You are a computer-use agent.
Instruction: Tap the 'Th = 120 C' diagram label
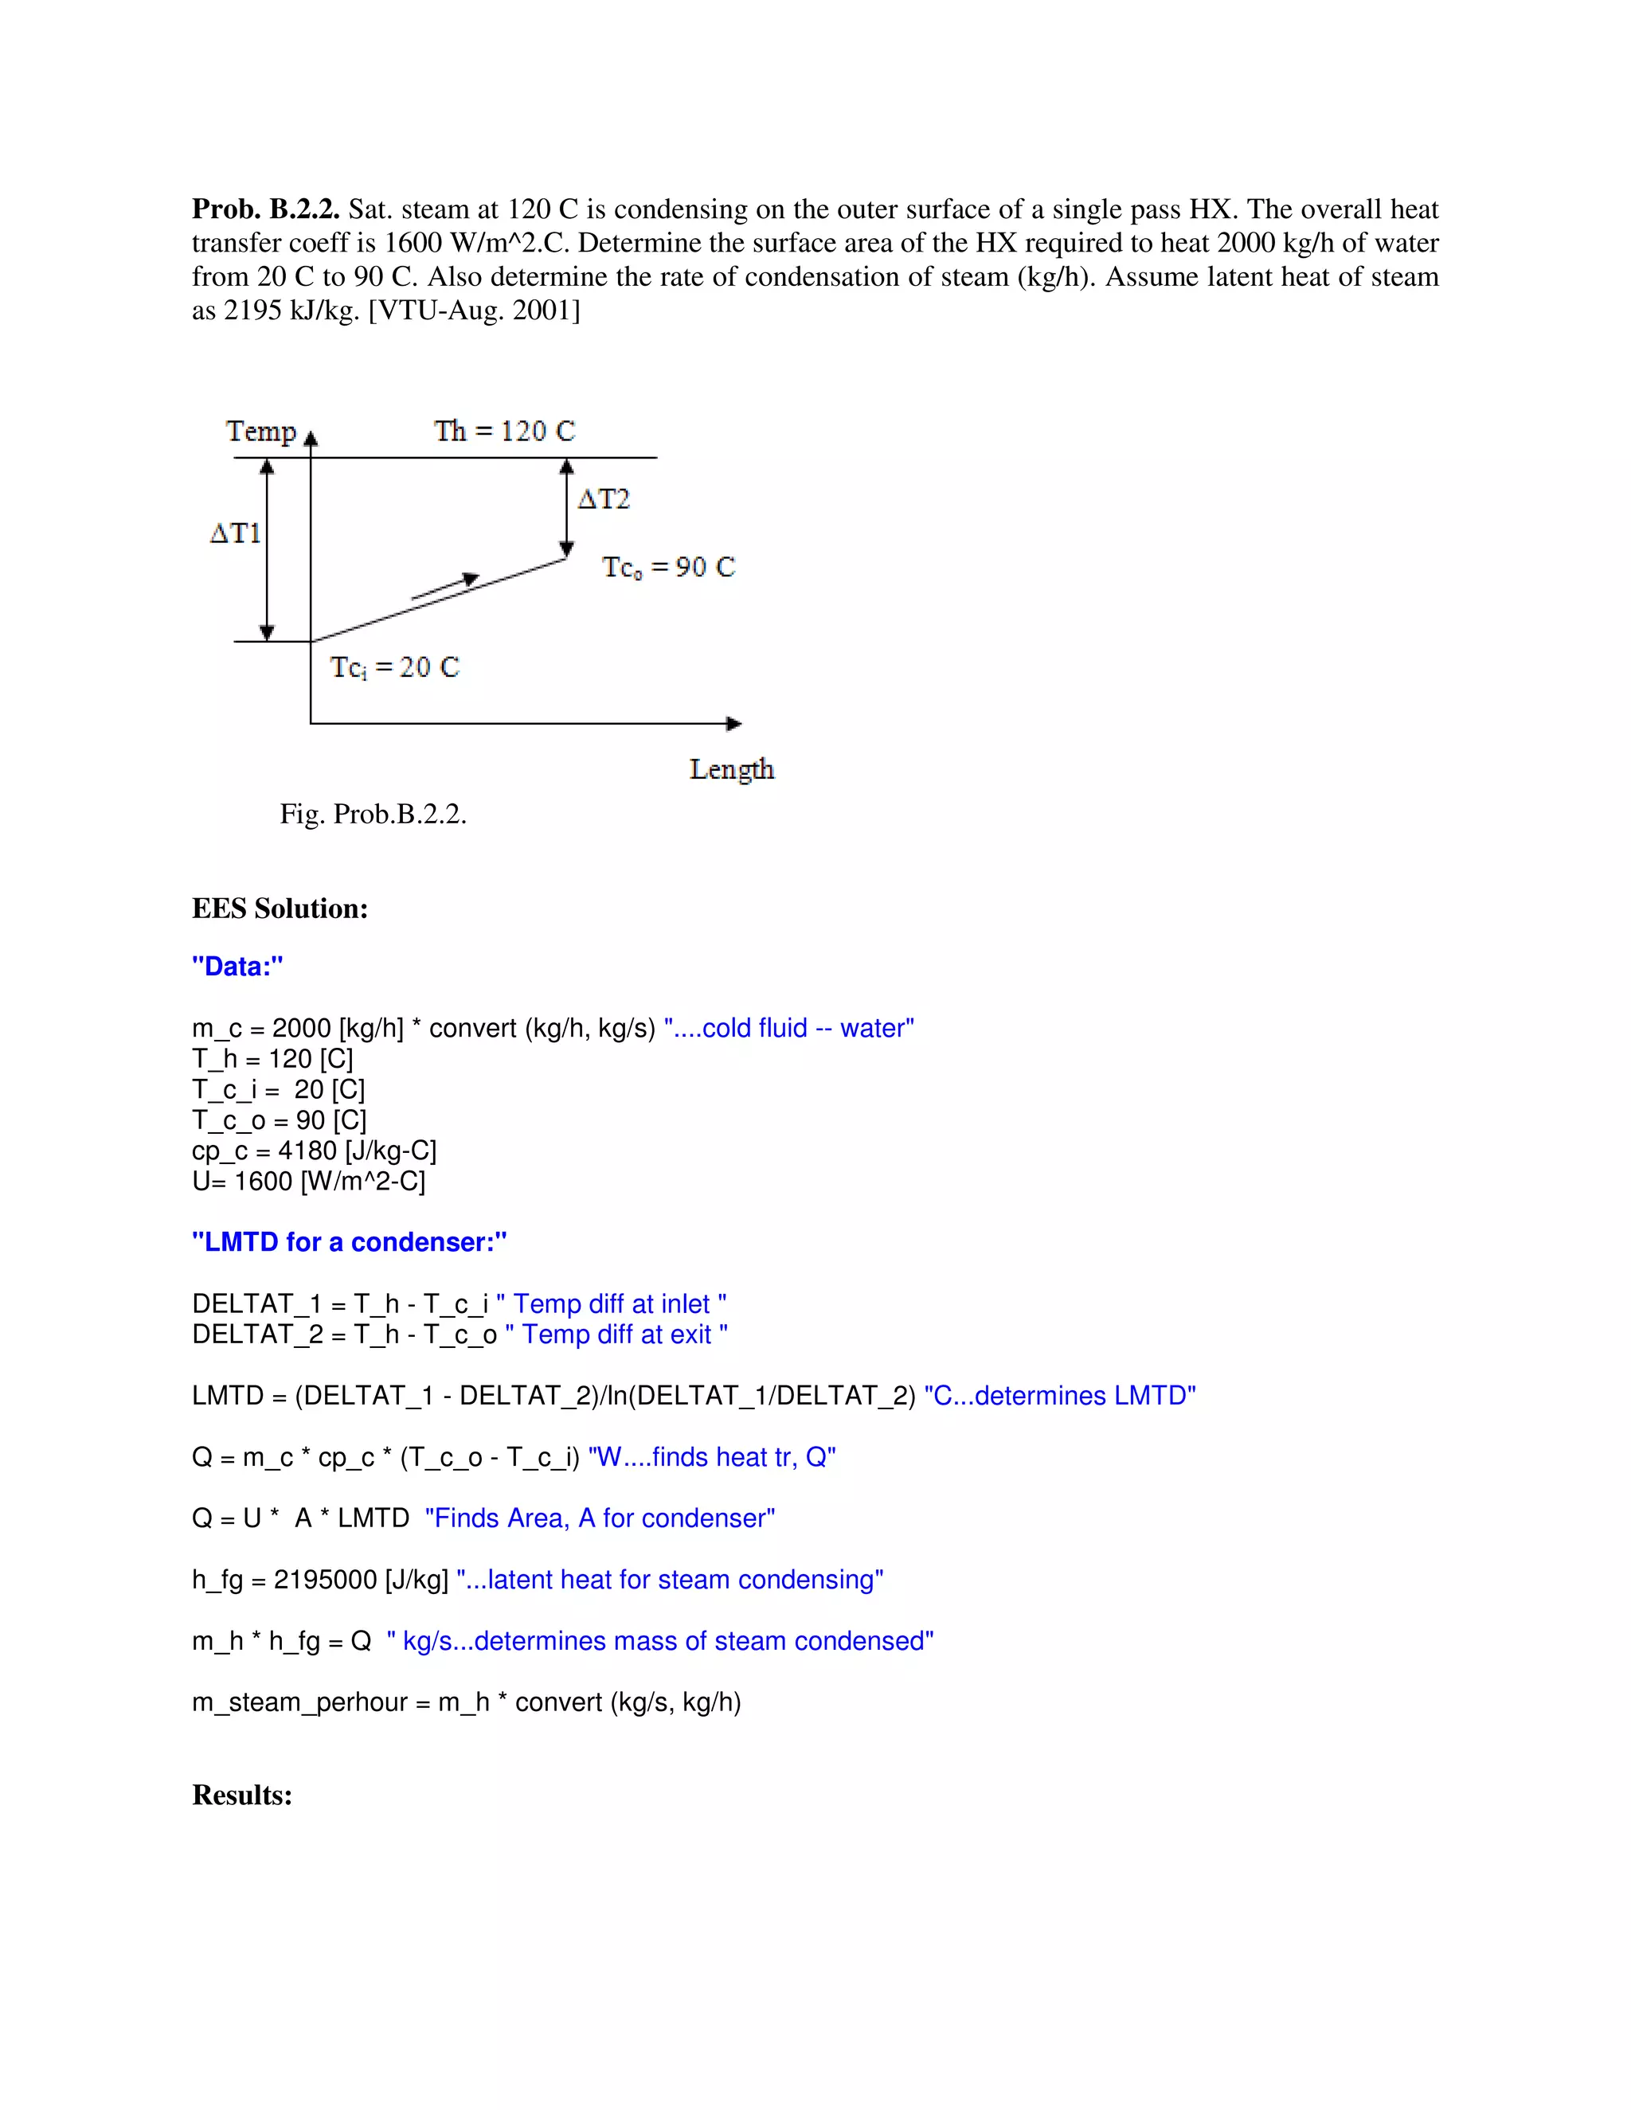(x=503, y=430)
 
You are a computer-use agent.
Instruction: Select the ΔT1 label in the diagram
(x=235, y=533)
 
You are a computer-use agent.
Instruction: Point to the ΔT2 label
(x=604, y=499)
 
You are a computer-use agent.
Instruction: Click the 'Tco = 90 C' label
(x=669, y=567)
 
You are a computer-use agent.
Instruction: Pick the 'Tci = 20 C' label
(x=394, y=667)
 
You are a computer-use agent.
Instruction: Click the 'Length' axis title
(x=731, y=769)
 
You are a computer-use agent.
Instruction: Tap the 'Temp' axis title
(x=261, y=431)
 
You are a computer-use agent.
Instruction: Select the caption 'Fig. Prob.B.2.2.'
(x=373, y=814)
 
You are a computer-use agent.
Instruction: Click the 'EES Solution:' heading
(x=280, y=908)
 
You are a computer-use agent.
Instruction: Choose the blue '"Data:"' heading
(x=237, y=966)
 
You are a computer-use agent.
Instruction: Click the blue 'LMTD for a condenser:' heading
(x=349, y=1241)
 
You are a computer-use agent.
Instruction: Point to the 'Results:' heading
(x=241, y=1795)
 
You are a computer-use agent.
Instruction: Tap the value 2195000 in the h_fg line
(x=325, y=1580)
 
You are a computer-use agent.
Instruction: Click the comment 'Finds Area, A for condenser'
(x=600, y=1518)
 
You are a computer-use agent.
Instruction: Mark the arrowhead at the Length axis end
(x=734, y=724)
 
